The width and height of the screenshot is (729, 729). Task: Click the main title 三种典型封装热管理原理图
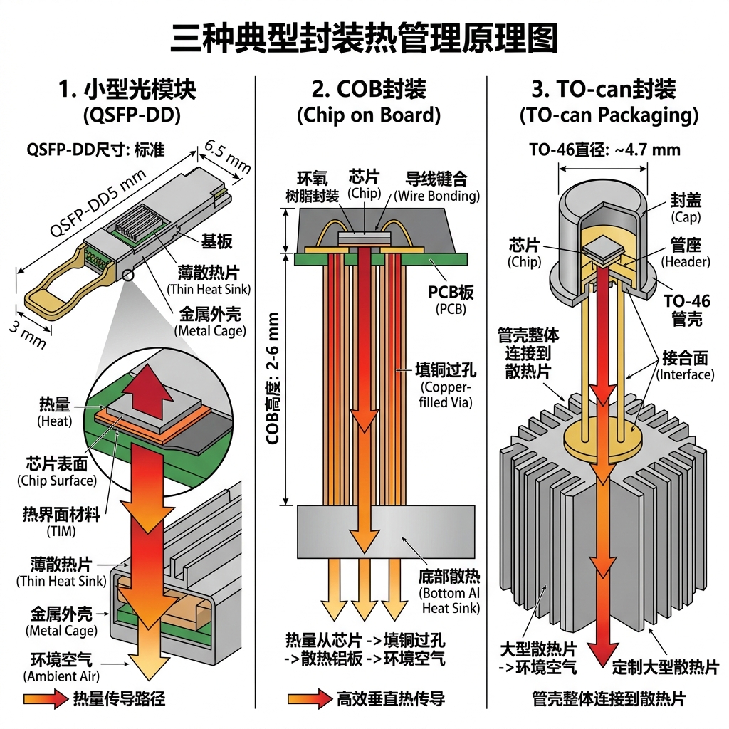point(364,38)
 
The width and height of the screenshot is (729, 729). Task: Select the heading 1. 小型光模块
point(127,90)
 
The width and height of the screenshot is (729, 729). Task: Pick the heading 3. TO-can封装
point(604,90)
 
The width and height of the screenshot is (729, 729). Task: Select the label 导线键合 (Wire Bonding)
point(436,185)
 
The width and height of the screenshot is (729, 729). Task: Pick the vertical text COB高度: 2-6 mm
point(273,377)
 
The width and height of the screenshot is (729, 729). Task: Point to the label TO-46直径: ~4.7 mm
point(604,150)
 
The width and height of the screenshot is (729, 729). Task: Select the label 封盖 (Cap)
point(686,207)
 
